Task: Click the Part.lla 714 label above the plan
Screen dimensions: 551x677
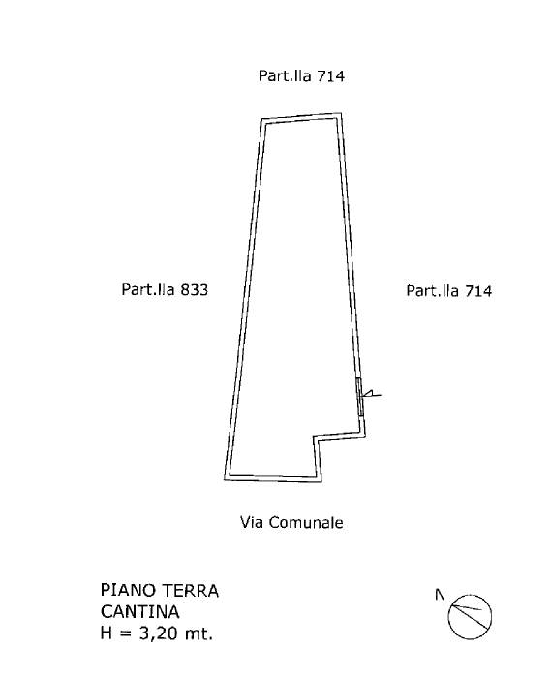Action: point(301,76)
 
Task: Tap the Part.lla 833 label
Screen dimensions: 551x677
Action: point(165,289)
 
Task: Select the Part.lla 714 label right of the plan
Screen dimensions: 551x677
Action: point(448,290)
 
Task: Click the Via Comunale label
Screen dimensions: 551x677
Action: point(291,523)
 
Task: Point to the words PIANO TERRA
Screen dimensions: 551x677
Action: point(160,590)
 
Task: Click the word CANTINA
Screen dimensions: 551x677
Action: point(139,612)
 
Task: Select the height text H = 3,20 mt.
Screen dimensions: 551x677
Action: point(157,633)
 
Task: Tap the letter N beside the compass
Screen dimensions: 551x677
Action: point(440,595)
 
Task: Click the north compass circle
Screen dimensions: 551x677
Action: point(470,596)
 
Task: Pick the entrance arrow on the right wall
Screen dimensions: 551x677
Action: point(370,395)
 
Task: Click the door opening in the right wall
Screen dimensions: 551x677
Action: point(360,397)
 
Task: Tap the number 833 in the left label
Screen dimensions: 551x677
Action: point(194,289)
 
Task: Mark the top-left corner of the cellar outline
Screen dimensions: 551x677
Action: point(261,119)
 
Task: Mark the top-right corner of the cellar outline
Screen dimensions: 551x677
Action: point(342,113)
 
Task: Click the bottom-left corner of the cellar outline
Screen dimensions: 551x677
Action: point(225,479)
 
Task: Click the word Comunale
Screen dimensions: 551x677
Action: point(306,523)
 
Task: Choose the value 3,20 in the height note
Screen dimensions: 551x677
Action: point(157,633)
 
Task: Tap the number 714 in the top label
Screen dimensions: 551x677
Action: point(331,76)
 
